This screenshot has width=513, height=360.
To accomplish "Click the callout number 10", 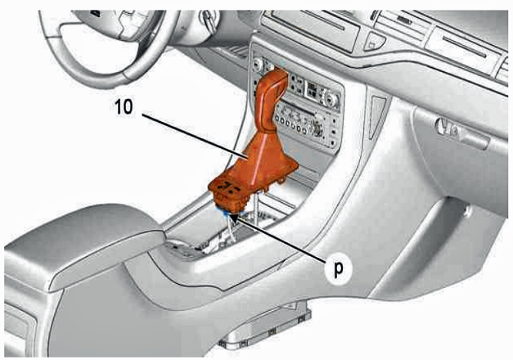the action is point(124,107).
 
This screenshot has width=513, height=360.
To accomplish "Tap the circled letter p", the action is point(339,268).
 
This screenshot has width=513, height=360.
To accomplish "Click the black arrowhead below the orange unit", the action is point(234,218).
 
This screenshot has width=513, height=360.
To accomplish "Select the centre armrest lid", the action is point(82,242).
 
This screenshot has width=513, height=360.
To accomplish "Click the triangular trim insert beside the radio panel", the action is point(377,116).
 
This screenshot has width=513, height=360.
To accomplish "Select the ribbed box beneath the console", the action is point(265,329).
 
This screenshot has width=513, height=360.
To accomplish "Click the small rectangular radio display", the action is point(313,89).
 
